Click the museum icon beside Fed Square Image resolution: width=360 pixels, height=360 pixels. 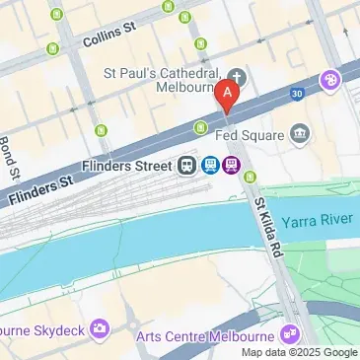pos(301,132)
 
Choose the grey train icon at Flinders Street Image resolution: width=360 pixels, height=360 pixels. pos(187,165)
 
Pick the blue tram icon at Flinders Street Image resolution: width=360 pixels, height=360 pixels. pos(209,165)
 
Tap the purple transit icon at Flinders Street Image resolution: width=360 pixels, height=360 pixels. pos(231,165)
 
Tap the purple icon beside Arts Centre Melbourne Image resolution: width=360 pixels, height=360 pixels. pos(289,331)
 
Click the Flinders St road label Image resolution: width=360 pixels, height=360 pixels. pos(39,189)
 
